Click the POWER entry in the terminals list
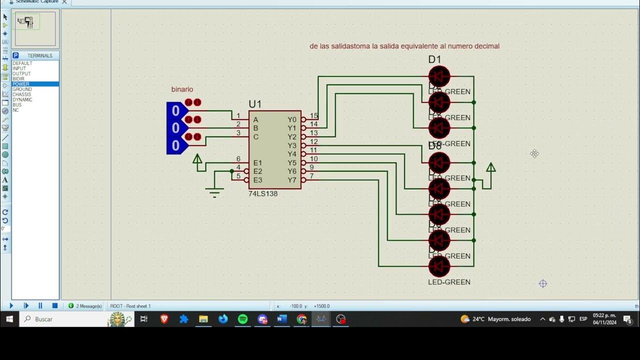[x=21, y=84]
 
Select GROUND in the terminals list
[x=22, y=89]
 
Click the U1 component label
[x=255, y=104]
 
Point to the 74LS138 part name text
[x=262, y=194]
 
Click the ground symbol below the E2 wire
[x=215, y=191]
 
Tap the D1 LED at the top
[x=439, y=76]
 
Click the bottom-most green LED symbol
[x=439, y=266]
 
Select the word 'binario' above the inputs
[x=182, y=89]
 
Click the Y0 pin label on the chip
[x=292, y=120]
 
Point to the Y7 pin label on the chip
[x=292, y=180]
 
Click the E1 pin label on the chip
[x=257, y=163]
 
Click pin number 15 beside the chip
[x=313, y=116]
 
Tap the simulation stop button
[x=55, y=305]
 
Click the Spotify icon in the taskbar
[x=242, y=319]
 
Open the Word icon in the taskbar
[x=281, y=319]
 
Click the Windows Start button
[x=9, y=319]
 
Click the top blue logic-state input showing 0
[x=175, y=110]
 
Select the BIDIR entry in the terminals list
[x=18, y=79]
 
